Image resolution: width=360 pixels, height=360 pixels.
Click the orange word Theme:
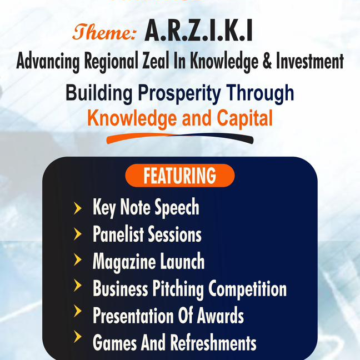coord(104,33)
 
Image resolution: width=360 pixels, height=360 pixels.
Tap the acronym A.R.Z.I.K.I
coord(198,32)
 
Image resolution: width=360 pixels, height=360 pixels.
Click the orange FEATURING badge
coord(180,176)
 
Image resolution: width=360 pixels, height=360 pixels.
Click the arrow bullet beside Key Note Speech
coord(78,208)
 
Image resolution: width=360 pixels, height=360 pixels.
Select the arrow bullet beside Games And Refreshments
coord(78,341)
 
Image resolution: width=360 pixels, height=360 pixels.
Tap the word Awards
coord(218,316)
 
